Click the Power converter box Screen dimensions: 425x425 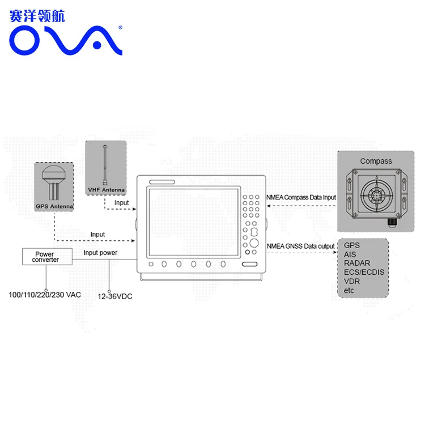point(48,256)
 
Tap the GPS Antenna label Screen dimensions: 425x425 point(54,206)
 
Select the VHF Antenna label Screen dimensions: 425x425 point(107,190)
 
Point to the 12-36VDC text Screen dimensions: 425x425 point(115,296)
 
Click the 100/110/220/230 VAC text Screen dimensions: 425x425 point(45,295)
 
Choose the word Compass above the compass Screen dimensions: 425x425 point(376,161)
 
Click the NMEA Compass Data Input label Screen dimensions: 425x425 point(301,197)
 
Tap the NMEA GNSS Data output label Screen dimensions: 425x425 point(300,246)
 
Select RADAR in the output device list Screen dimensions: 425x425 point(357,263)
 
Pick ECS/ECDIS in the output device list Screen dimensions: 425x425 point(364,272)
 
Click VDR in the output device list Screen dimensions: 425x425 point(352,281)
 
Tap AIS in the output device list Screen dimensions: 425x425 point(350,254)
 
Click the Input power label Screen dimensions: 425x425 point(100,253)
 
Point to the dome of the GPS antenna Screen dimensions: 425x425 point(54,173)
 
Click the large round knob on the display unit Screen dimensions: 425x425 point(254,243)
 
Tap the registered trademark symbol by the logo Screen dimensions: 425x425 point(120,27)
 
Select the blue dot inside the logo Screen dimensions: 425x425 point(97,45)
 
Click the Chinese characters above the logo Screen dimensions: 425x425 point(37,16)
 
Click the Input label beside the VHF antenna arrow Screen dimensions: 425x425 point(121,203)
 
